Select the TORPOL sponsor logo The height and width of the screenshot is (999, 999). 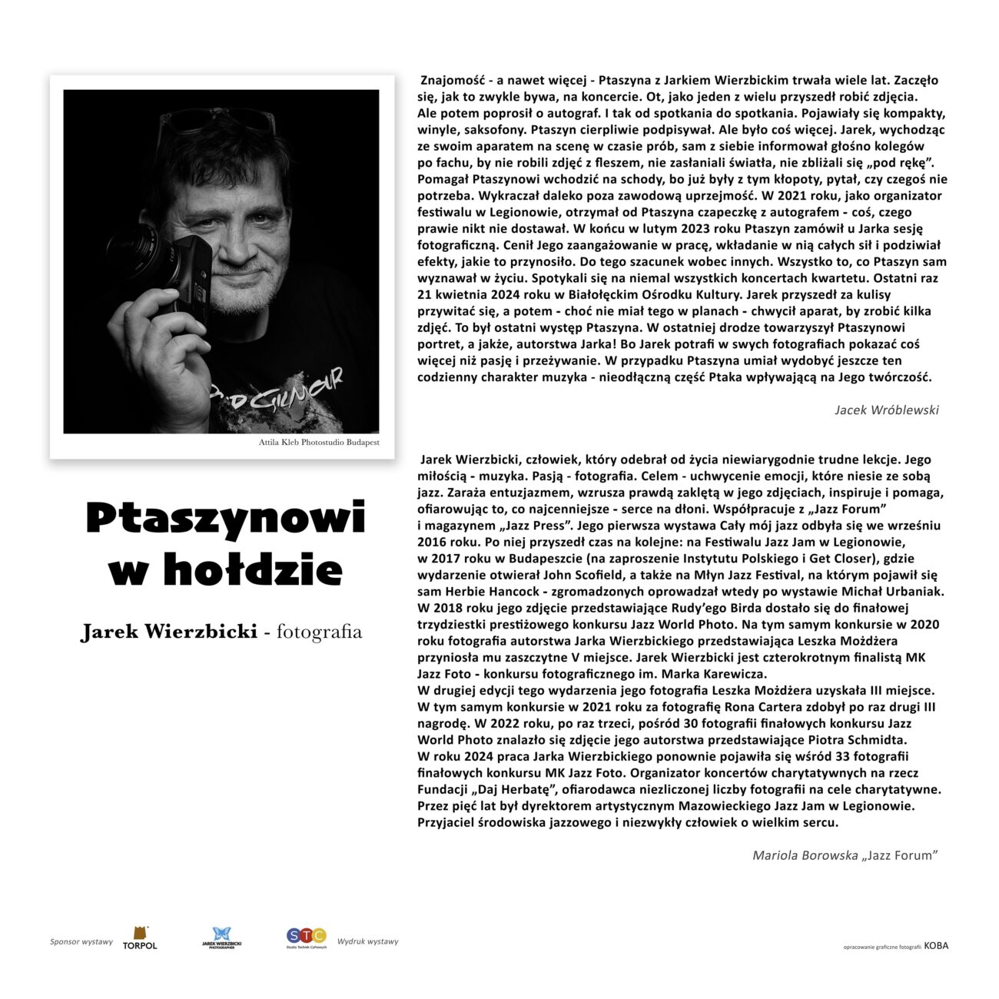coord(140,938)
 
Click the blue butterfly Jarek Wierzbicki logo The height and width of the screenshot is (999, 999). coord(221,938)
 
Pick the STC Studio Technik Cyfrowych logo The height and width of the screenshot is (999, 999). coord(307,938)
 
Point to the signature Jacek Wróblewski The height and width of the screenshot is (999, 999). coord(886,410)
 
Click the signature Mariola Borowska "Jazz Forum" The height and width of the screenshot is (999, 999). coord(845,855)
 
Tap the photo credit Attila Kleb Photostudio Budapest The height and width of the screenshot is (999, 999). coord(318,443)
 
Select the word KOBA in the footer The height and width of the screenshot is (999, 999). coord(936,946)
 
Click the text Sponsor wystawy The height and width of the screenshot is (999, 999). coord(81,942)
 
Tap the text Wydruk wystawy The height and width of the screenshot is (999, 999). coord(367,941)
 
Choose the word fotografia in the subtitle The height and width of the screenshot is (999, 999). coord(319,632)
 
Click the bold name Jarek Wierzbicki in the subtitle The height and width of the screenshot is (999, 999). coord(169,632)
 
